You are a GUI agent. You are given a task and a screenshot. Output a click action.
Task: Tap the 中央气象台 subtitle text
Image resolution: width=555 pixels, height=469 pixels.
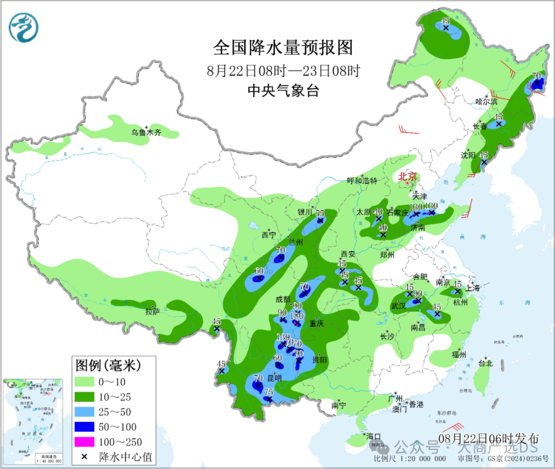point(283,91)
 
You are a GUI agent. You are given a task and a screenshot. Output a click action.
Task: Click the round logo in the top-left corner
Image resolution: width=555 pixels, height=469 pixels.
point(24,27)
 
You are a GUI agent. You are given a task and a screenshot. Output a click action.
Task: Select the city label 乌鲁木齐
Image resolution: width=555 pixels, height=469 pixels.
point(146,133)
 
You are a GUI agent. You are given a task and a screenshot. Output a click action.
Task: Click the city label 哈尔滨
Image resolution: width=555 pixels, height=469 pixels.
point(486,102)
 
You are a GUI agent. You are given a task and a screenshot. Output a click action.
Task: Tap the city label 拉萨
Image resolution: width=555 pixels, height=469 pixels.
point(153,311)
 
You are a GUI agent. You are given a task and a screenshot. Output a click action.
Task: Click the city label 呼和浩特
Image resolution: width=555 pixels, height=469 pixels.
point(362,181)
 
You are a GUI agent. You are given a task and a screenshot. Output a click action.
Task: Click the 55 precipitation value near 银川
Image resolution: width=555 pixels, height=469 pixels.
point(320,213)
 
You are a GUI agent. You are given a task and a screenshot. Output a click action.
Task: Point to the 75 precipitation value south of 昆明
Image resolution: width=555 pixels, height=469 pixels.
point(268,392)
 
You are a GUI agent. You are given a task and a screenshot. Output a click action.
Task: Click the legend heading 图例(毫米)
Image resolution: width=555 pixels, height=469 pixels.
point(108,365)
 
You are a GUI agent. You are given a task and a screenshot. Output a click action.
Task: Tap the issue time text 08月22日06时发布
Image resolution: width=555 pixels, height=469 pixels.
point(489,438)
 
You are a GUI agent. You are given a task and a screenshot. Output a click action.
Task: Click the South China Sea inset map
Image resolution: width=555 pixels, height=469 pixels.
point(33,421)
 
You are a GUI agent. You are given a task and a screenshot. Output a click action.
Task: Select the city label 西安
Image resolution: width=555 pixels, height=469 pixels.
point(348,254)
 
